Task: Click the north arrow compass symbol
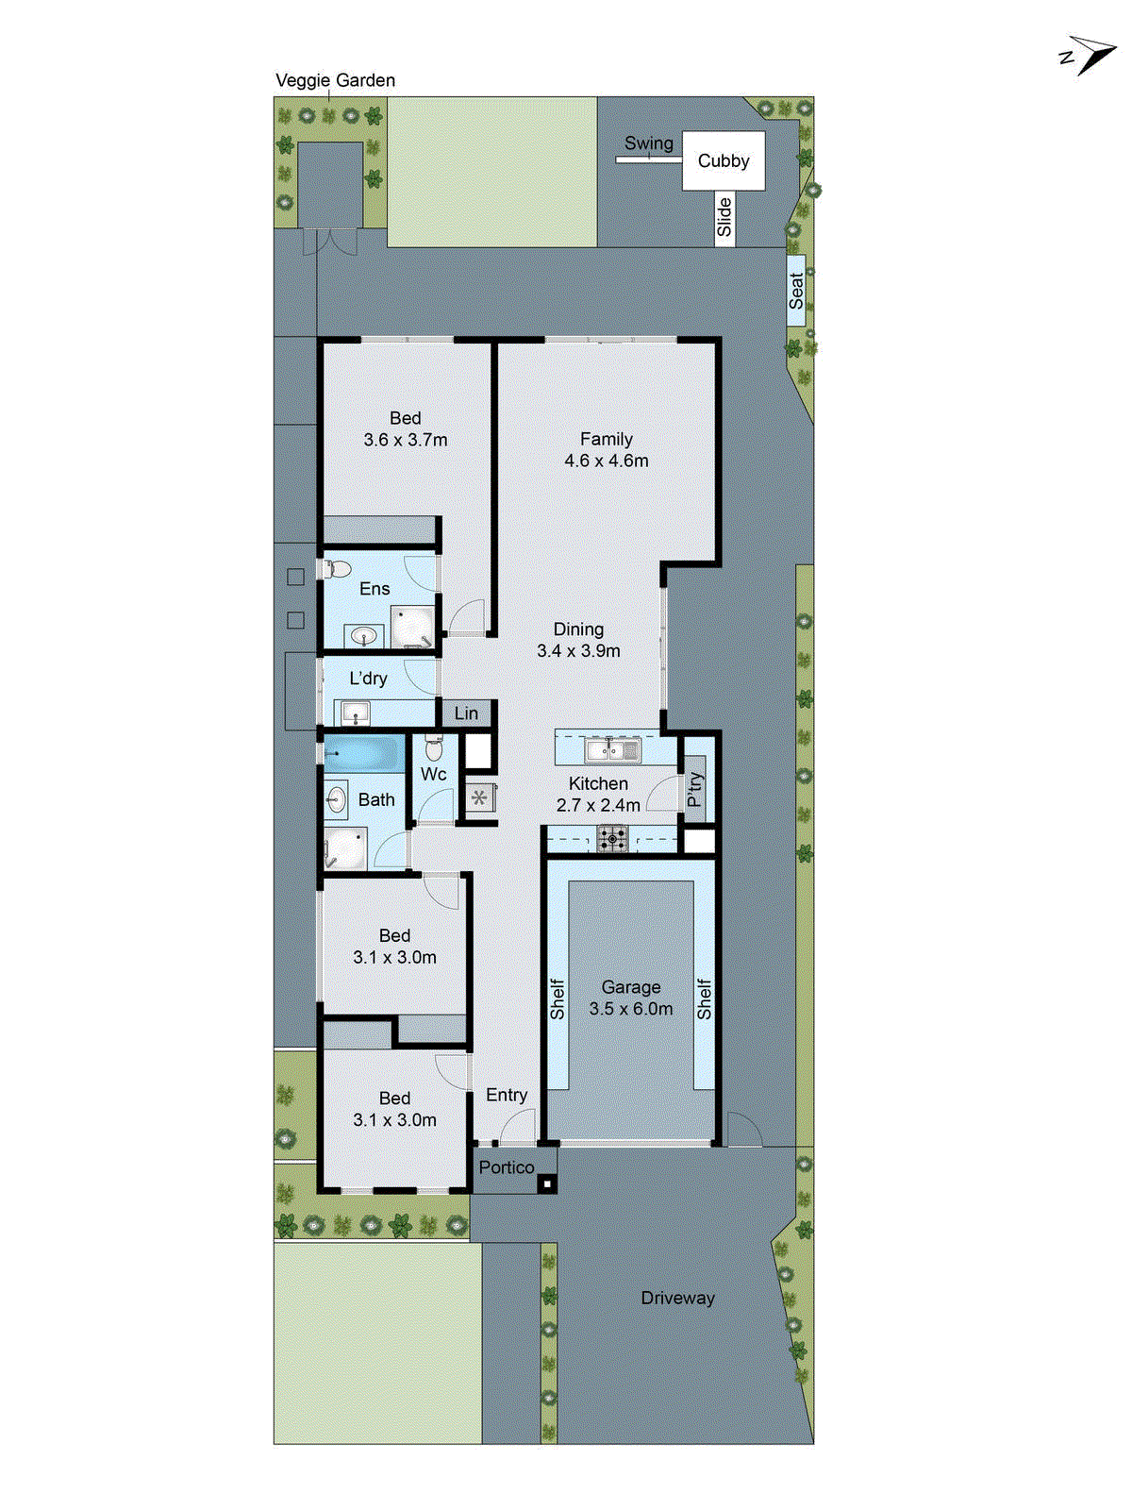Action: tap(1090, 56)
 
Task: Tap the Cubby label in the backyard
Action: tap(724, 161)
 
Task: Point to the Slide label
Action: tap(724, 218)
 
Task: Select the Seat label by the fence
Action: tap(796, 291)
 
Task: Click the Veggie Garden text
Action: tap(335, 81)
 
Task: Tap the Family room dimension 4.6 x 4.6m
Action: tap(607, 461)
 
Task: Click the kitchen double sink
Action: tap(612, 751)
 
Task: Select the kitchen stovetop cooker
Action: tap(612, 838)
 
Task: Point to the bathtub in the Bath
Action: tap(364, 754)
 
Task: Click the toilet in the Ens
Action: tap(336, 569)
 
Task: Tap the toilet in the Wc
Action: tap(434, 748)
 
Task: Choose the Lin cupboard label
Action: tap(466, 713)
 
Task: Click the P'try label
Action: tap(695, 790)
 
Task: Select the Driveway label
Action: tap(677, 1299)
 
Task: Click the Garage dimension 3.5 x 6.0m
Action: tap(631, 1009)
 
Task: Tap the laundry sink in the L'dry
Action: tap(356, 712)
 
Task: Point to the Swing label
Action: tap(649, 143)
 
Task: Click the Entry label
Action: tap(507, 1095)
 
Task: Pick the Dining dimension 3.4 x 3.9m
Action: tap(578, 651)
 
